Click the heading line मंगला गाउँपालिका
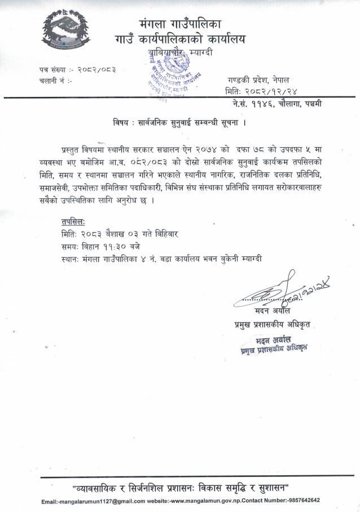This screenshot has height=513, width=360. (x=180, y=24)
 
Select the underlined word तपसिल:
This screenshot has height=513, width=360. (x=74, y=221)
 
